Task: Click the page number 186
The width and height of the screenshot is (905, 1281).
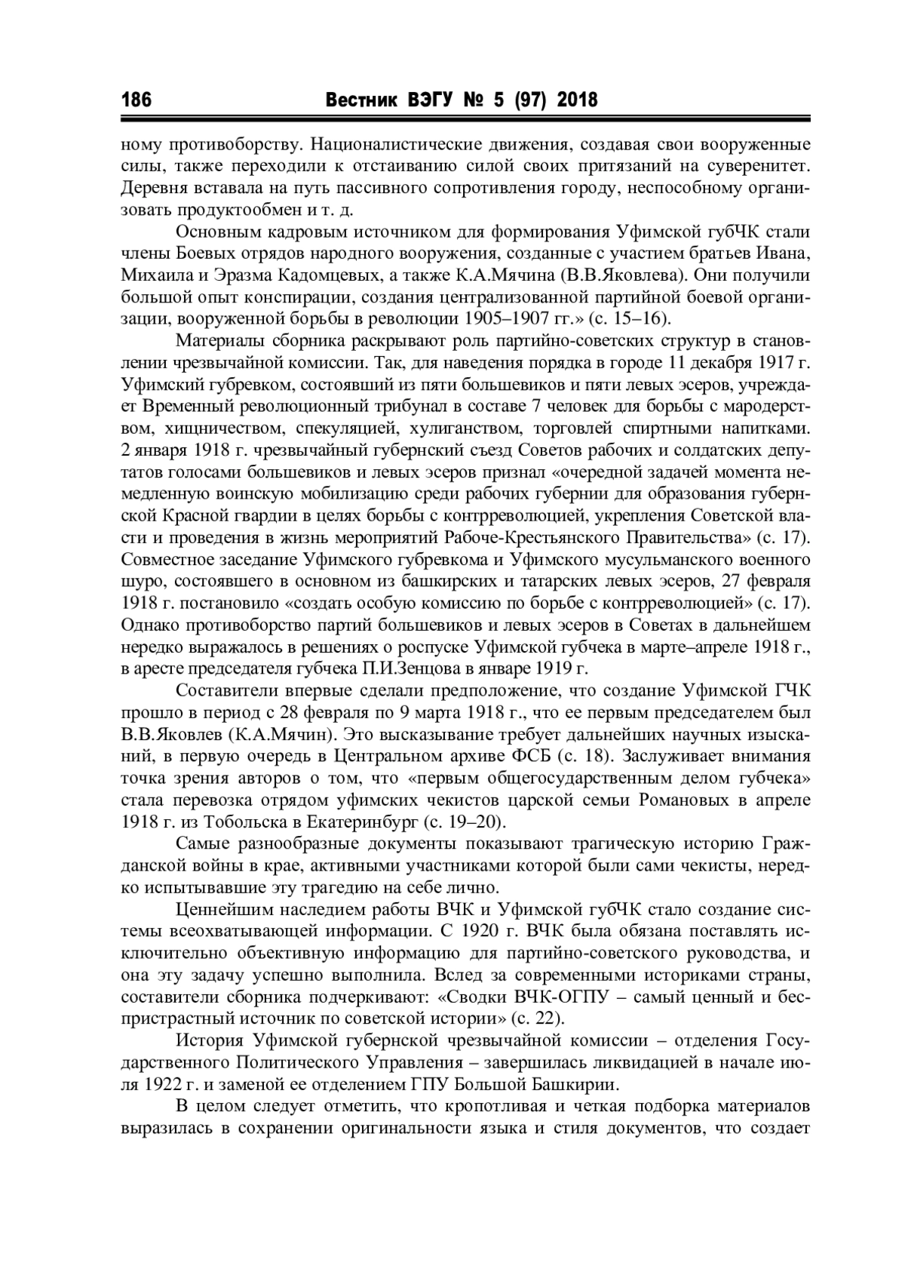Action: [137, 100]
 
